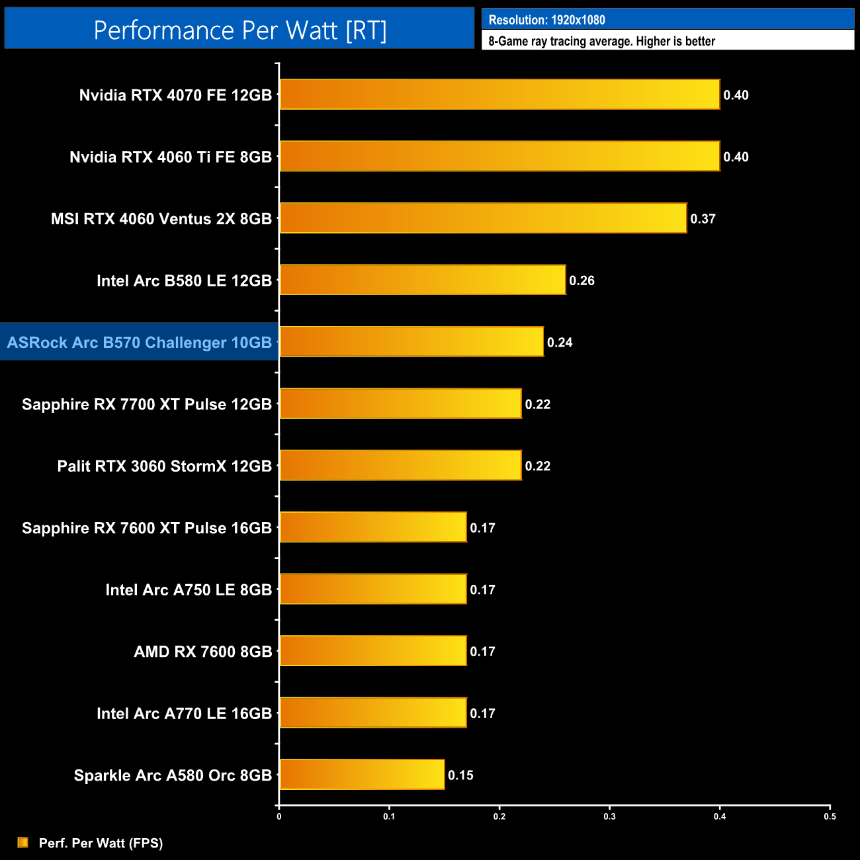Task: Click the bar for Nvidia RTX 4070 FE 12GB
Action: tap(499, 95)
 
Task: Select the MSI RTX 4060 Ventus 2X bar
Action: tap(483, 218)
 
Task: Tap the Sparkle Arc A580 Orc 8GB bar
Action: tap(362, 775)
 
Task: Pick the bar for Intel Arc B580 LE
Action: tap(423, 280)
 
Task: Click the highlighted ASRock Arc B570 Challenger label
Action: tap(140, 342)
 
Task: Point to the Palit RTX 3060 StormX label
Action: tap(164, 466)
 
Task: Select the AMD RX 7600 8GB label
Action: tap(202, 652)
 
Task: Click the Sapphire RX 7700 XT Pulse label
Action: tap(147, 404)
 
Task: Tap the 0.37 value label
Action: tap(703, 219)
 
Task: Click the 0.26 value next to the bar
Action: tap(581, 280)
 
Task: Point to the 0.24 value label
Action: tap(560, 342)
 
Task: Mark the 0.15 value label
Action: tap(460, 775)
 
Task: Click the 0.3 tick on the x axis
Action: tap(609, 816)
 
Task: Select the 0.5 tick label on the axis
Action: tap(830, 816)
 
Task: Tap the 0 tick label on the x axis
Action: tap(279, 816)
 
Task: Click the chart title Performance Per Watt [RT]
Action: tap(239, 30)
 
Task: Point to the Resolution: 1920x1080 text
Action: tap(546, 20)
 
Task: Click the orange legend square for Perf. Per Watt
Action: tap(23, 842)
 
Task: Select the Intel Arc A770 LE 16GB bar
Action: tap(373, 713)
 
